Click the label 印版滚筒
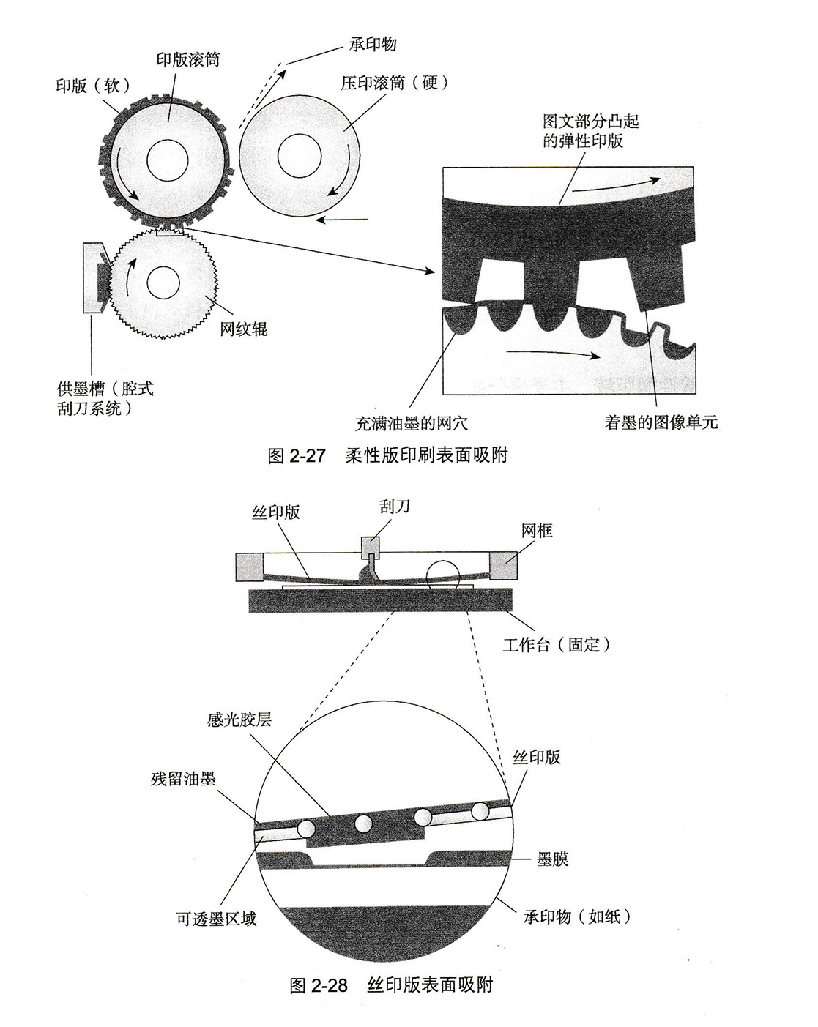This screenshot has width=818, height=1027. [188, 60]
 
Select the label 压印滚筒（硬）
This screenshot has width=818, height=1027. [393, 82]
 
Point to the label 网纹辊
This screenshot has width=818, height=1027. [244, 329]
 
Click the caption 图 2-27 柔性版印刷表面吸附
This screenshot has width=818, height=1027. [388, 455]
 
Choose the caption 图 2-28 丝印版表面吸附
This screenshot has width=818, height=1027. [391, 985]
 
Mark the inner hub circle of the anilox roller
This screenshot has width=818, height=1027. [163, 283]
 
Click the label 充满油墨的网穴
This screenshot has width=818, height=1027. [411, 423]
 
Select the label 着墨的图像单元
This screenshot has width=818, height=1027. [661, 422]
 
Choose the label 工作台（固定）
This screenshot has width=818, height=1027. [556, 645]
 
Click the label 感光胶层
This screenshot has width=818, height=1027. [239, 720]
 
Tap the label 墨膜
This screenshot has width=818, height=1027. [553, 859]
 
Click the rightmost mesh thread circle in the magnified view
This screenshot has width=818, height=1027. [480, 811]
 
